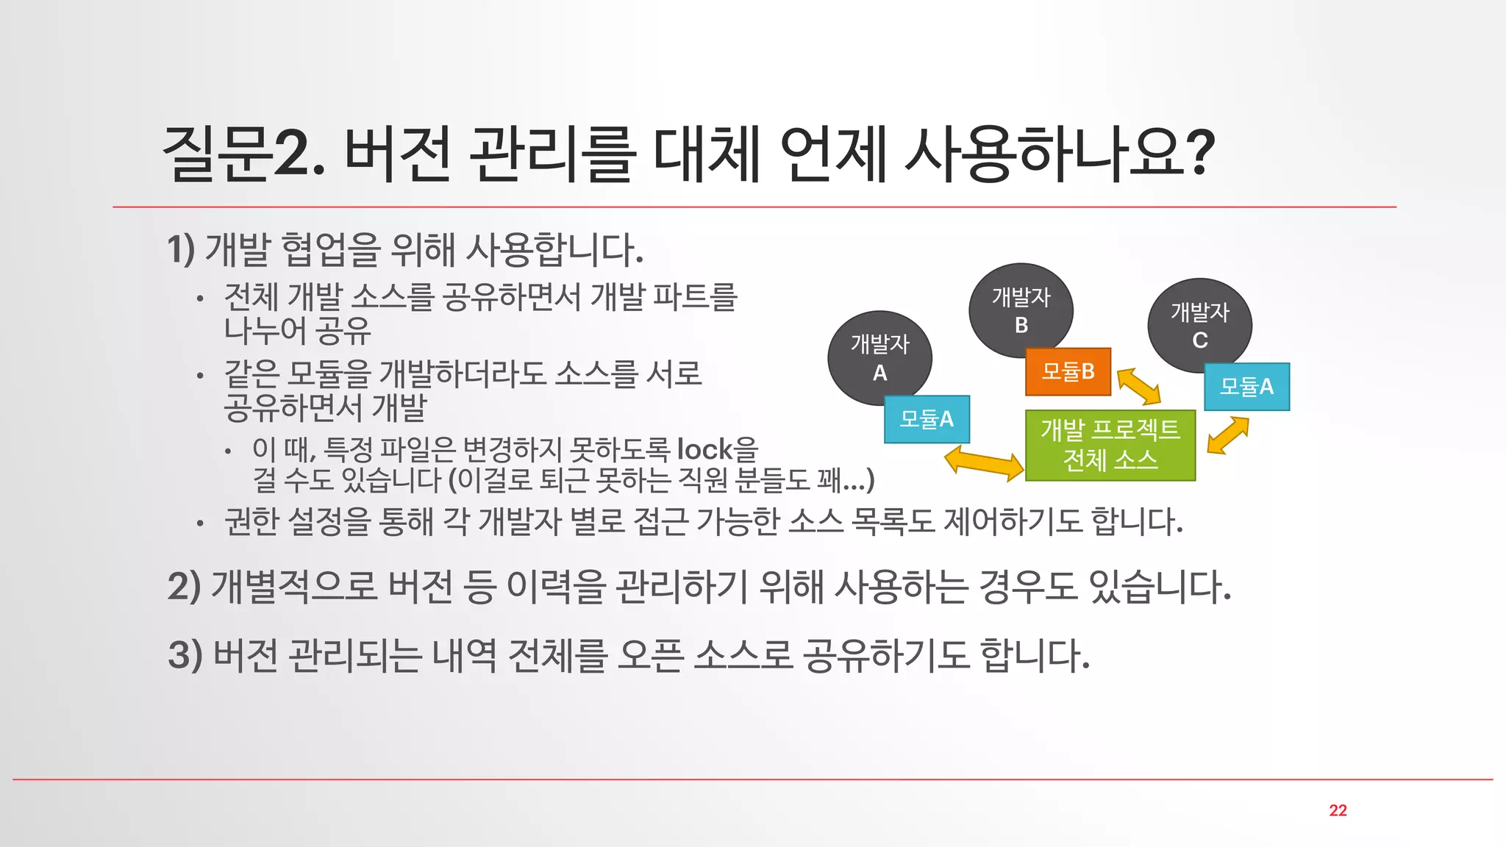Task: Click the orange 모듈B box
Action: pos(1068,371)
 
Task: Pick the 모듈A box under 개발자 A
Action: pos(927,419)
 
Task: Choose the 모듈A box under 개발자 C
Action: pos(1246,387)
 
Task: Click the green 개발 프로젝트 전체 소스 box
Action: pos(1110,445)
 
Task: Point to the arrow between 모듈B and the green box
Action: pos(1138,386)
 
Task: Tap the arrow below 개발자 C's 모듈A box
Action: pos(1228,435)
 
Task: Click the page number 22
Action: pos(1338,810)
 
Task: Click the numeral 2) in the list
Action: pos(184,587)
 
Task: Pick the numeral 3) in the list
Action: pos(185,654)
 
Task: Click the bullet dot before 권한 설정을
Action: pos(200,523)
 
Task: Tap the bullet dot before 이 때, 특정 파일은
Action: pos(229,451)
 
